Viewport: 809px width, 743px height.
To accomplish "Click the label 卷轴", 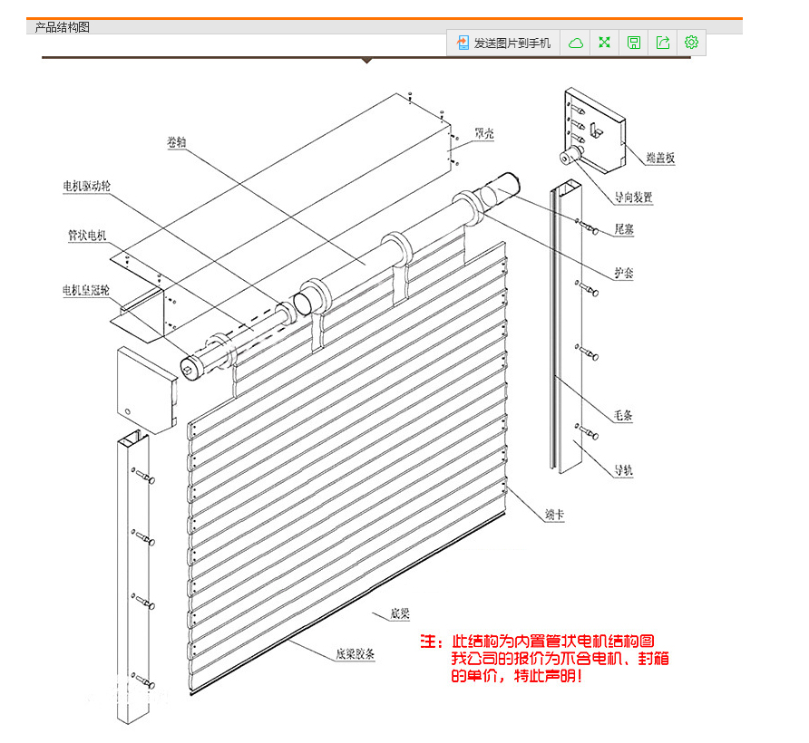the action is click(177, 141).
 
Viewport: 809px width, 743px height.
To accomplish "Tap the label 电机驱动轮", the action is click(87, 186).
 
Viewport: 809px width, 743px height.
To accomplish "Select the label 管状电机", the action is click(87, 235).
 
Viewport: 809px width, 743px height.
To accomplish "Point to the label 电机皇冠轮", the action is click(86, 290).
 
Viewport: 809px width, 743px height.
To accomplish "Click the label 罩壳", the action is click(484, 133).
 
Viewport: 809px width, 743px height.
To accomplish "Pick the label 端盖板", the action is click(660, 158).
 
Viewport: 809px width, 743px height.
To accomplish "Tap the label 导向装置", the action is click(633, 197).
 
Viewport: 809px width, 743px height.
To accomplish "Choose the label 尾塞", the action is click(624, 229).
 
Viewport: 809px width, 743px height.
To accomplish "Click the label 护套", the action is click(624, 273).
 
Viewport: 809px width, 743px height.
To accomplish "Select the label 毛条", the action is click(623, 415).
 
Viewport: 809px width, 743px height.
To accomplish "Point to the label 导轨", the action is click(623, 470).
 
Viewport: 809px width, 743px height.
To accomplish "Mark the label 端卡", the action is click(555, 515).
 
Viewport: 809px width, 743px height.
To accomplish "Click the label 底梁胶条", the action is click(355, 654).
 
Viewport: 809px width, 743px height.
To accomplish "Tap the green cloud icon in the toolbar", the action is click(576, 43).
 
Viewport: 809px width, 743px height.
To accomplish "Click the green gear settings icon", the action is click(691, 43).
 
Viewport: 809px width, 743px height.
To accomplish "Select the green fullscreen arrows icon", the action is click(604, 43).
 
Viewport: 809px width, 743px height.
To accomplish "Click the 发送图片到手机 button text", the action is click(512, 43).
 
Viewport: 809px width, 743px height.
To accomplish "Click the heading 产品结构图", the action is click(62, 27).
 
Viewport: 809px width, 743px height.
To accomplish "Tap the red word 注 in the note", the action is click(428, 642).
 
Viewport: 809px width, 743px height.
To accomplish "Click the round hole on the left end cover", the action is click(128, 411).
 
